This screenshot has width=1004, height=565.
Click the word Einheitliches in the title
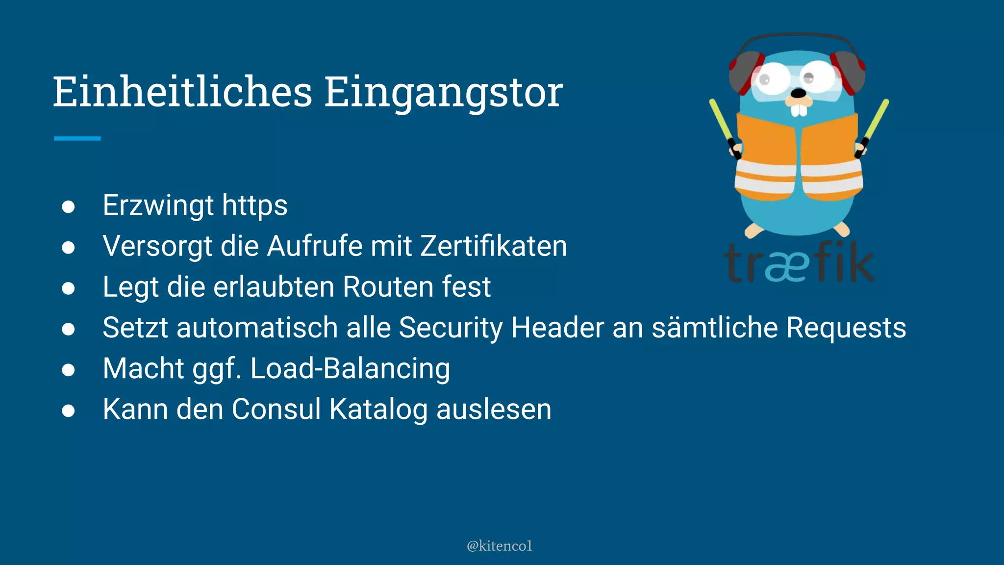point(182,92)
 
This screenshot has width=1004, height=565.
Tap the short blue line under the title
point(77,138)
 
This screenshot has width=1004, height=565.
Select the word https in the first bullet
point(254,205)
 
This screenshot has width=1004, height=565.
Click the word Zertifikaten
point(494,246)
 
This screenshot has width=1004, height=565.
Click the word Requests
point(846,328)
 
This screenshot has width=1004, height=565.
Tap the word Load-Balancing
point(350,368)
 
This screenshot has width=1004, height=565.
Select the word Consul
point(276,409)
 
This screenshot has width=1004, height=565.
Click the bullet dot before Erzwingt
point(68,206)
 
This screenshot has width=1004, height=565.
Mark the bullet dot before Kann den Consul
point(68,411)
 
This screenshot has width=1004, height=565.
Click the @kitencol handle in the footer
point(499,546)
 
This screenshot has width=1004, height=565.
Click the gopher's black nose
point(799,93)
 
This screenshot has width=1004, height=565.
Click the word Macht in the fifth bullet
point(143,368)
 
